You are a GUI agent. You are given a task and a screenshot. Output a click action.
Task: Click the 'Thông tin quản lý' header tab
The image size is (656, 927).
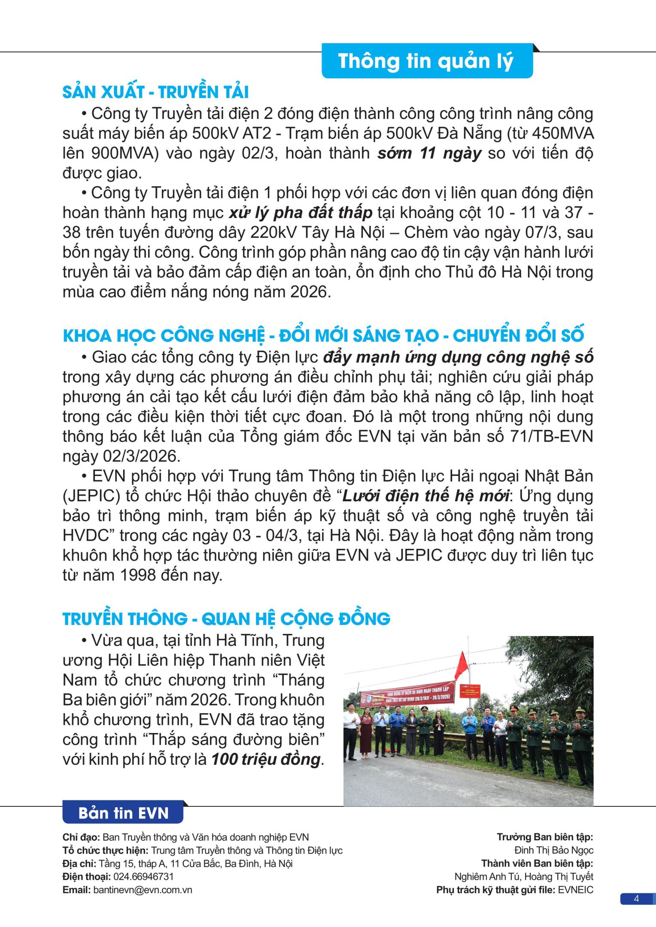(427, 61)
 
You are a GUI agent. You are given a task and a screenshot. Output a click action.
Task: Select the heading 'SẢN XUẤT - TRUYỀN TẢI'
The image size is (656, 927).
(155, 92)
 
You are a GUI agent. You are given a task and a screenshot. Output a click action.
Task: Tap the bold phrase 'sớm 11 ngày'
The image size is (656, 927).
(429, 153)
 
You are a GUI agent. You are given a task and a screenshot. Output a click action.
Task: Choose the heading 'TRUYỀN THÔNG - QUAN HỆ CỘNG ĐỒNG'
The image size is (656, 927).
(226, 618)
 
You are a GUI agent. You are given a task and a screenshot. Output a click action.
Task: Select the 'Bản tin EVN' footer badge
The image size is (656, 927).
(123, 813)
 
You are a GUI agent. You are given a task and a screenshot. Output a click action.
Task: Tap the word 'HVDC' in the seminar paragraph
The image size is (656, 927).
(88, 536)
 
